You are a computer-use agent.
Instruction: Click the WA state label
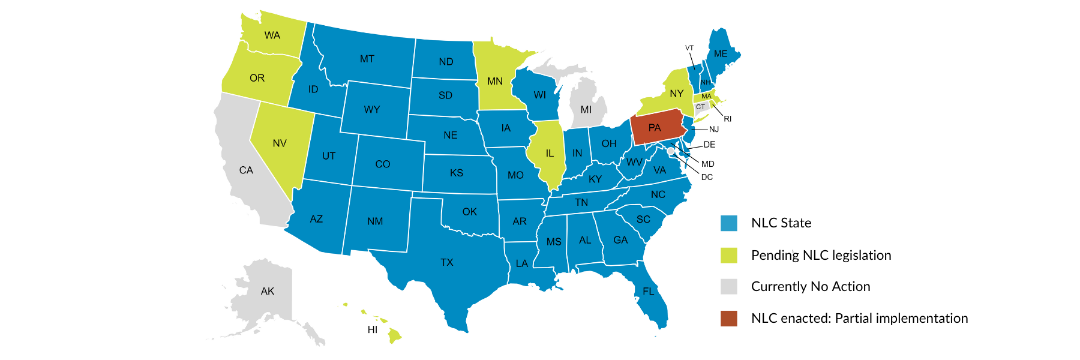tap(272, 35)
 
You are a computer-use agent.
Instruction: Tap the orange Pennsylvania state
tap(655, 128)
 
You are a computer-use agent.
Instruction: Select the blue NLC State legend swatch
tap(729, 223)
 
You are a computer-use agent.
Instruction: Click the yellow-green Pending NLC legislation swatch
tap(729, 255)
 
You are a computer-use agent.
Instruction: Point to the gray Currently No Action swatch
tap(729, 287)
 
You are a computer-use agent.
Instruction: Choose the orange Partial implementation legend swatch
tap(729, 319)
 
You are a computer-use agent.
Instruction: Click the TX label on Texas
tap(447, 263)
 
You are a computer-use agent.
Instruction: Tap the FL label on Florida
tap(649, 292)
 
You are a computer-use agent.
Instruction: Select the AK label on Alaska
tap(268, 292)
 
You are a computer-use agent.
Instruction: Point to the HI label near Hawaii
tap(373, 330)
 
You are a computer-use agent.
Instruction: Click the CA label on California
tap(246, 170)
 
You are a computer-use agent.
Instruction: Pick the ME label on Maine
tap(721, 54)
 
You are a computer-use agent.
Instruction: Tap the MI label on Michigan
tap(586, 110)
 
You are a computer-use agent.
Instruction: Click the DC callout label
tap(707, 177)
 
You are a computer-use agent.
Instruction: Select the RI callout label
tap(727, 119)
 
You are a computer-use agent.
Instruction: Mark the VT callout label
tap(689, 48)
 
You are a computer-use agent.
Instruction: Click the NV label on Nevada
tap(280, 143)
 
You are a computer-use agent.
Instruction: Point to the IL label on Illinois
tap(550, 154)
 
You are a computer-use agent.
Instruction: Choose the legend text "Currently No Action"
tap(811, 287)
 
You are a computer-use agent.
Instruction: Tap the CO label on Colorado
tap(383, 164)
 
